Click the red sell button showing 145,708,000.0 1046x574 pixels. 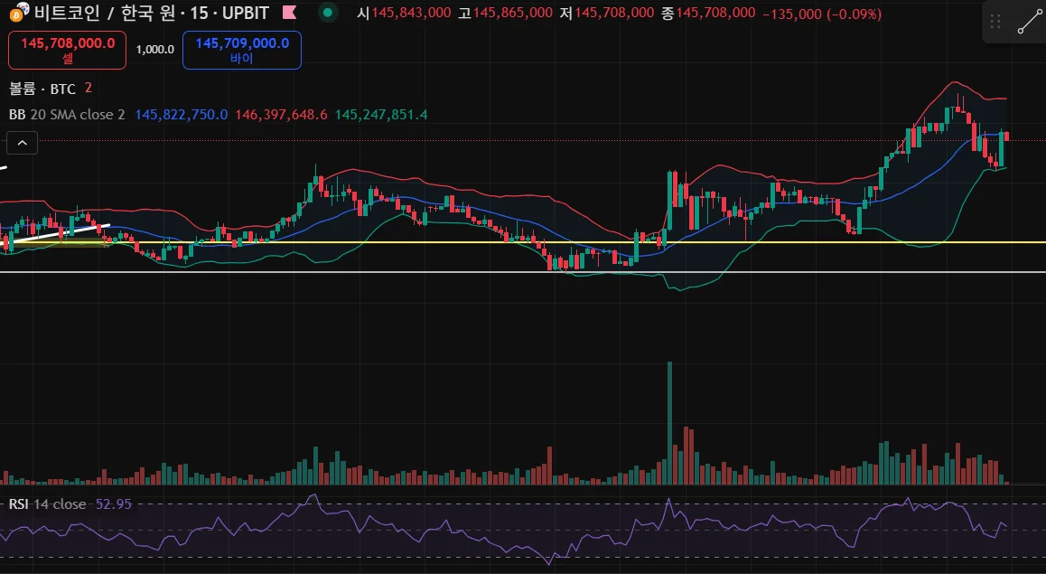pos(68,50)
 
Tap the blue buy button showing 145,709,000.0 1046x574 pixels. pos(241,50)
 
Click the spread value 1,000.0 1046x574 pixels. pos(154,50)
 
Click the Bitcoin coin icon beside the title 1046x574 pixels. pos(15,14)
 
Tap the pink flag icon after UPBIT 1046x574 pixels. pos(289,13)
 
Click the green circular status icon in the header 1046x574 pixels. pos(328,13)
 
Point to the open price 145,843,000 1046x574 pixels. pos(410,13)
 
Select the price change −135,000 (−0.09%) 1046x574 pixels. pos(822,13)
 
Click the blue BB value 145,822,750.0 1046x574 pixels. pos(181,115)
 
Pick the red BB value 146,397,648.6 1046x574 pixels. pos(281,115)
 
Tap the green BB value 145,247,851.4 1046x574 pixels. pos(381,115)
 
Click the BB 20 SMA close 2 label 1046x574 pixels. pos(67,115)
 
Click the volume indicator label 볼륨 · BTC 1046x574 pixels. pos(42,89)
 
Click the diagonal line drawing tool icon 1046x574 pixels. pos(1028,23)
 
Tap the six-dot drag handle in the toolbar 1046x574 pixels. pos(995,23)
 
